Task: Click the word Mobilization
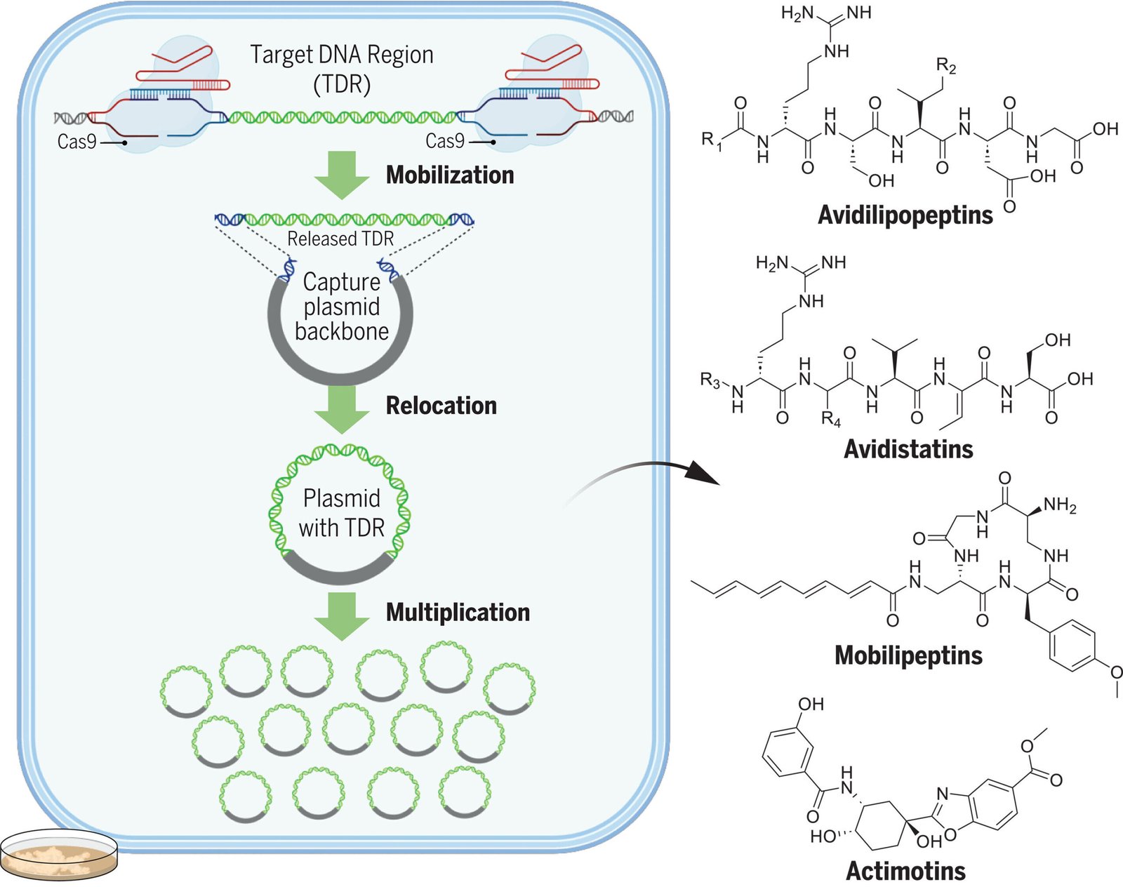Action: [450, 175]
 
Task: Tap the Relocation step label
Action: [441, 406]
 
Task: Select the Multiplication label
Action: [458, 612]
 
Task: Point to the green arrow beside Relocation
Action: [342, 408]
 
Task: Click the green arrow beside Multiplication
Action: [342, 615]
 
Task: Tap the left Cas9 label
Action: [77, 142]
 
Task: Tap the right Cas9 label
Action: [445, 141]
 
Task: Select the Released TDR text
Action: [340, 239]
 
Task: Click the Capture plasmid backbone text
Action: [341, 307]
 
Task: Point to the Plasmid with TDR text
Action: [342, 513]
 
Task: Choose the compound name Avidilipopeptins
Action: [905, 215]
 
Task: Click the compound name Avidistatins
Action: [908, 449]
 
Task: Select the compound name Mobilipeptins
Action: [908, 655]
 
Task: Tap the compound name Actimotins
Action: [905, 871]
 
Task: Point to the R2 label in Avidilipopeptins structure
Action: [945, 67]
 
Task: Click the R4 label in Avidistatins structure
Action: [830, 420]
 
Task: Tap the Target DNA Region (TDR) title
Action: [342, 69]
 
